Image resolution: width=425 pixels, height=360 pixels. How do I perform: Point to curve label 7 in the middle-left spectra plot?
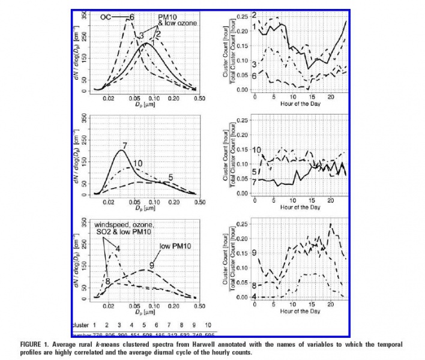pyautogui.click(x=124, y=146)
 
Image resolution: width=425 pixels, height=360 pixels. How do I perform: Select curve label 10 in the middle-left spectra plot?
pyautogui.click(x=137, y=163)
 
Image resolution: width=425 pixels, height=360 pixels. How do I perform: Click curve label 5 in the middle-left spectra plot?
pyautogui.click(x=170, y=178)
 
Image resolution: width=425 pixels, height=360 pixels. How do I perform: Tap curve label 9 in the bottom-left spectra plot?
pyautogui.click(x=152, y=265)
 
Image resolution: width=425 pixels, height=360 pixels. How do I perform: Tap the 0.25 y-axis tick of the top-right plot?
pyautogui.click(x=243, y=16)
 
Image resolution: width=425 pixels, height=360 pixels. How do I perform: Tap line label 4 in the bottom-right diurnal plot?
pyautogui.click(x=255, y=297)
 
